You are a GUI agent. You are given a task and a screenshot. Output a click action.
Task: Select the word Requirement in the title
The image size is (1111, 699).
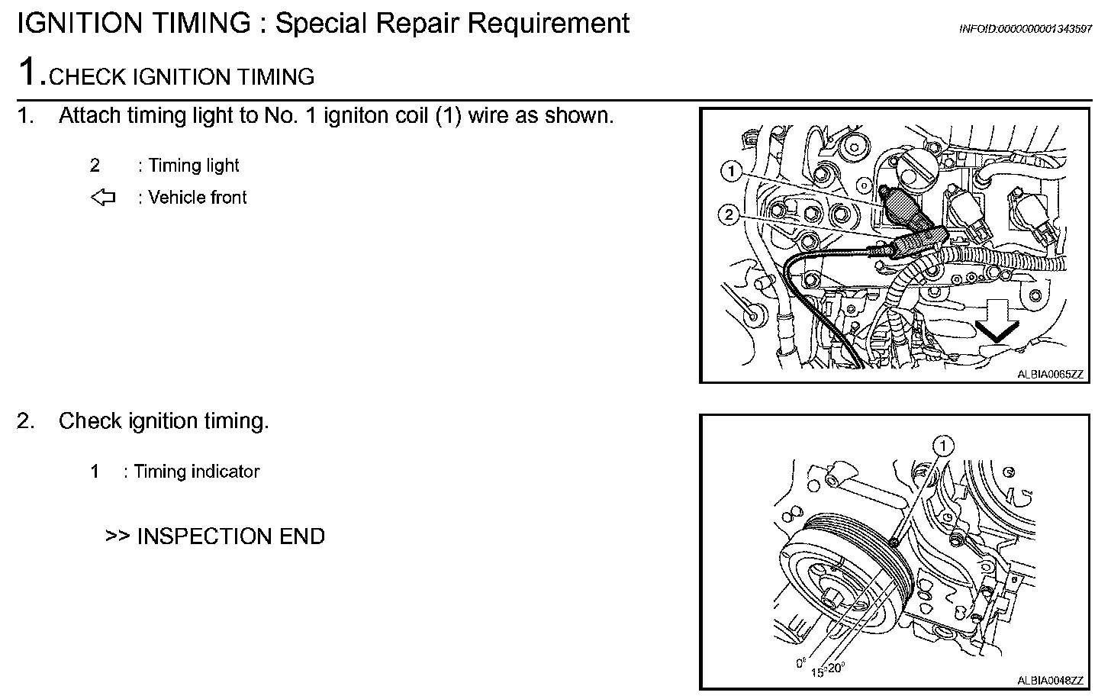(x=548, y=24)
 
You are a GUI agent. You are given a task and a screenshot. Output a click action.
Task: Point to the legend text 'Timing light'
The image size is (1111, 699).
(x=193, y=166)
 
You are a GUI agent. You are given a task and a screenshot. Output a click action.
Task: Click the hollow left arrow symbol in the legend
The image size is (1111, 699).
(x=103, y=198)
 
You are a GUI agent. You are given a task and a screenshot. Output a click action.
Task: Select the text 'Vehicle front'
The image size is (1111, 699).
(x=198, y=198)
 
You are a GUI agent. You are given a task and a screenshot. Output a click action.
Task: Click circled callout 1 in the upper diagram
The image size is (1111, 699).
(x=732, y=172)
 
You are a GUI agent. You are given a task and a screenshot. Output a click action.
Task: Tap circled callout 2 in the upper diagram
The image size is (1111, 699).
(x=729, y=215)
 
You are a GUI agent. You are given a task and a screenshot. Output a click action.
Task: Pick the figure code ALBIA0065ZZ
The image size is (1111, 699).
(x=1050, y=374)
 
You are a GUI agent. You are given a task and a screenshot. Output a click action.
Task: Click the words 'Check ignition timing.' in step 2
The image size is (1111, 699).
(x=163, y=421)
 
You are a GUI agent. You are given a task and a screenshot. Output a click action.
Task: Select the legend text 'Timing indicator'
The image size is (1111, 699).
(x=196, y=472)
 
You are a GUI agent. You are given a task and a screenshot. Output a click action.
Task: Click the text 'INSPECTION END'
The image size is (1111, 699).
(x=230, y=536)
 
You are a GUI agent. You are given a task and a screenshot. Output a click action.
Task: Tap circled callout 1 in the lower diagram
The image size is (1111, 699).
(x=944, y=445)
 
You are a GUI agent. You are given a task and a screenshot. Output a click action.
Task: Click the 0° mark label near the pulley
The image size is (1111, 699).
(x=801, y=663)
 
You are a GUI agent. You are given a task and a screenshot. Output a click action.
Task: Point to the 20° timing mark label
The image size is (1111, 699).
(x=836, y=668)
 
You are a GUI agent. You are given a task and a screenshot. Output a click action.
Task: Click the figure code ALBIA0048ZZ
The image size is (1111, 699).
(x=1050, y=680)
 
